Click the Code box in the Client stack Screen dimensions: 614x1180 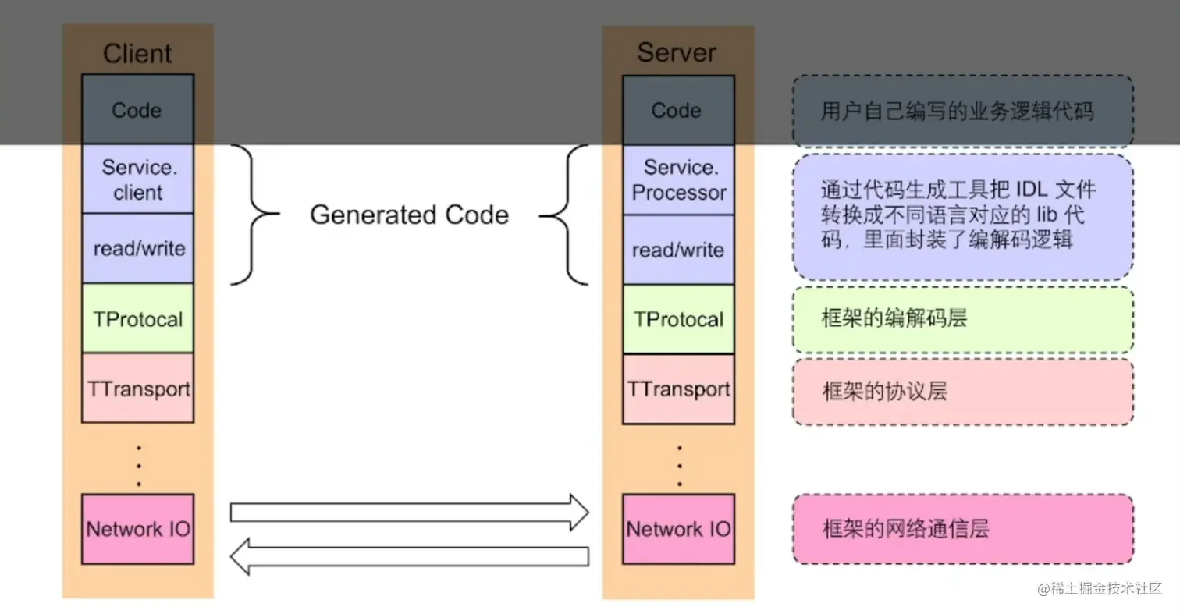click(x=137, y=110)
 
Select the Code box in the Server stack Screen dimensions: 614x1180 click(x=677, y=110)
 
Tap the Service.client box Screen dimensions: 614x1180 click(x=137, y=179)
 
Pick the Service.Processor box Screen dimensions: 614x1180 click(x=677, y=180)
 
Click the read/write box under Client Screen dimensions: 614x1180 click(x=137, y=248)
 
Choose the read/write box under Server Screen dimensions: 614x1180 click(x=677, y=250)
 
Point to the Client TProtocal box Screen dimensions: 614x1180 click(x=137, y=318)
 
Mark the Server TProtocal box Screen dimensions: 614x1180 click(x=677, y=319)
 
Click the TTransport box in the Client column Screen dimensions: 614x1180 click(x=137, y=388)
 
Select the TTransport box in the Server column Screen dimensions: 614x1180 click(x=677, y=389)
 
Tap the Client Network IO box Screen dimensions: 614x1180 click(x=137, y=528)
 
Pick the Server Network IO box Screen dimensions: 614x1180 click(x=677, y=528)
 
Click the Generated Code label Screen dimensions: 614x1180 click(x=409, y=215)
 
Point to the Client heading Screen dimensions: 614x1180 click(x=137, y=53)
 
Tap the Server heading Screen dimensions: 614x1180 click(x=677, y=52)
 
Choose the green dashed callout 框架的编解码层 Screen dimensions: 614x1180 click(x=963, y=319)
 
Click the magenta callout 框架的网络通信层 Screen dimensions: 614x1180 click(x=963, y=528)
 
